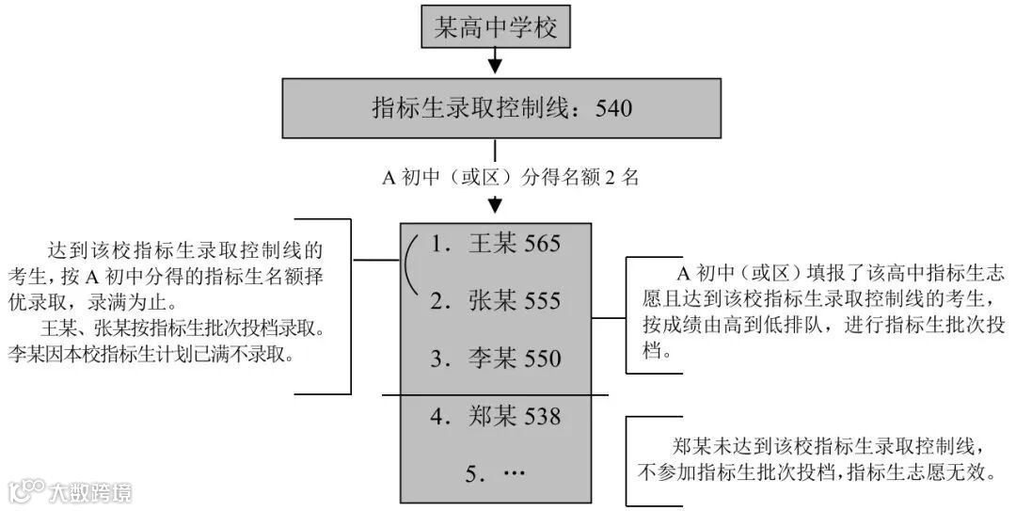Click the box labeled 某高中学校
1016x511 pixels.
click(x=495, y=28)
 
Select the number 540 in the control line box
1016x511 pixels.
click(x=613, y=109)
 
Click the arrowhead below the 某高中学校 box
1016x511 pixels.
click(x=496, y=66)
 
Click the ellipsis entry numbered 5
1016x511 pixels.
click(x=497, y=473)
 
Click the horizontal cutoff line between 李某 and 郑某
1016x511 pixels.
click(x=495, y=393)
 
